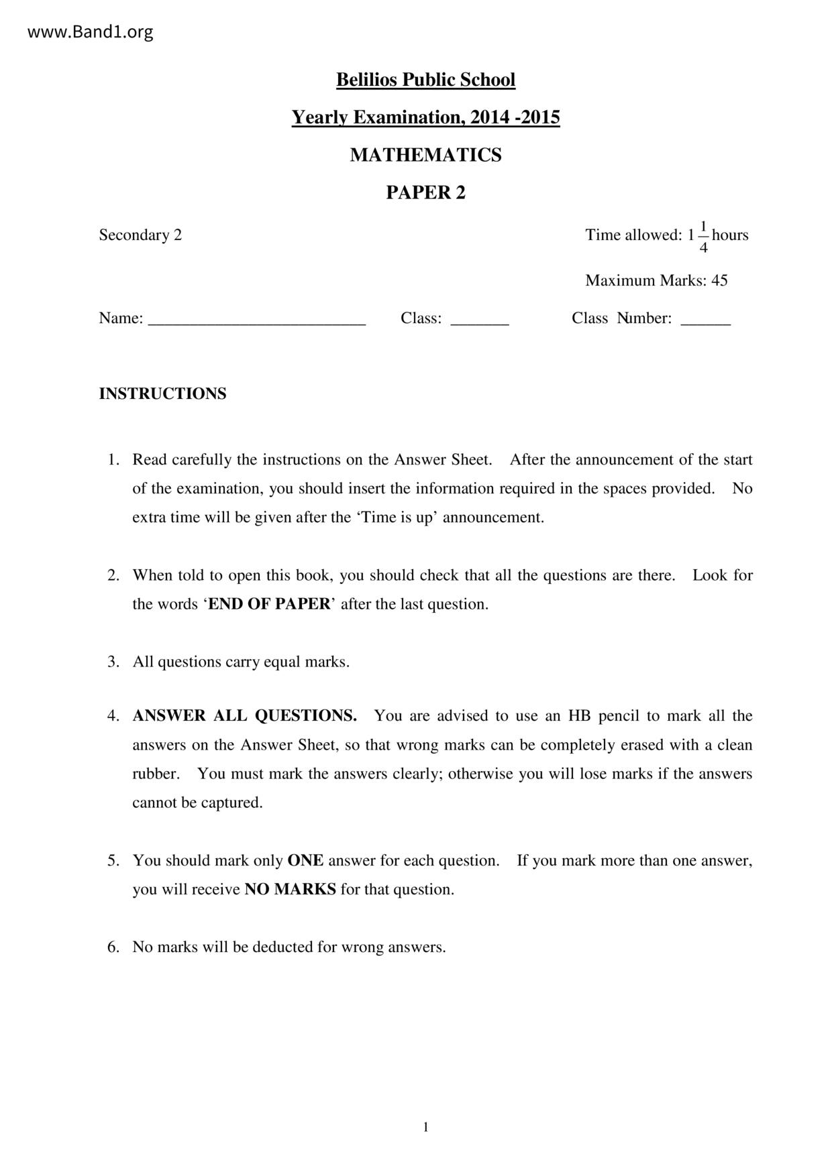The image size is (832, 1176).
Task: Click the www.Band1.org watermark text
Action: click(90, 32)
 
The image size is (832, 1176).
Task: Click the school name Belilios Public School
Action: click(425, 80)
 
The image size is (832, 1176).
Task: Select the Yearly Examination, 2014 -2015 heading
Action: click(425, 117)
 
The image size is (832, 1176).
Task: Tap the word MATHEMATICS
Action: click(425, 155)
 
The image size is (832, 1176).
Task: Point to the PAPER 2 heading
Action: click(425, 192)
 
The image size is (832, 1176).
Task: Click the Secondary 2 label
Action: click(140, 235)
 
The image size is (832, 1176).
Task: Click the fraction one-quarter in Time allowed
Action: click(703, 237)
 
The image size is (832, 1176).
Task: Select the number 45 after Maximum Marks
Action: click(719, 280)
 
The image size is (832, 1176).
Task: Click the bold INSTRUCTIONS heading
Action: click(162, 394)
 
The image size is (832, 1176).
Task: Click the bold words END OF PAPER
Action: click(269, 604)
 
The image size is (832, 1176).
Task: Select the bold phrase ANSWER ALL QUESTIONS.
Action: click(244, 716)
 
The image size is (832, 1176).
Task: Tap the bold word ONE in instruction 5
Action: click(305, 860)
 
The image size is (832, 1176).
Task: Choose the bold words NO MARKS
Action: click(290, 890)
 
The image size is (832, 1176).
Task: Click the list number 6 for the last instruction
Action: click(113, 947)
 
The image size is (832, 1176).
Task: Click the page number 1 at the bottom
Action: click(425, 1127)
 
